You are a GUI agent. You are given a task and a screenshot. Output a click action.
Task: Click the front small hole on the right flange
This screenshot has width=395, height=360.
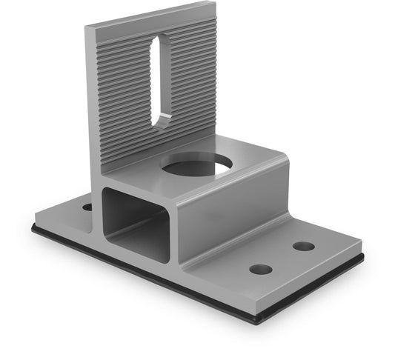click(260, 268)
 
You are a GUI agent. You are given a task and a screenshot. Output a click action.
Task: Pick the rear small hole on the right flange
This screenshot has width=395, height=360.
click(303, 245)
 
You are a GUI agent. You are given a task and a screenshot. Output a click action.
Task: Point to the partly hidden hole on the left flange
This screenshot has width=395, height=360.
click(87, 206)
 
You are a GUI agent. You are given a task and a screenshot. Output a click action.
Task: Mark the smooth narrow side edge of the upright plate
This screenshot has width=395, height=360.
click(90, 104)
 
